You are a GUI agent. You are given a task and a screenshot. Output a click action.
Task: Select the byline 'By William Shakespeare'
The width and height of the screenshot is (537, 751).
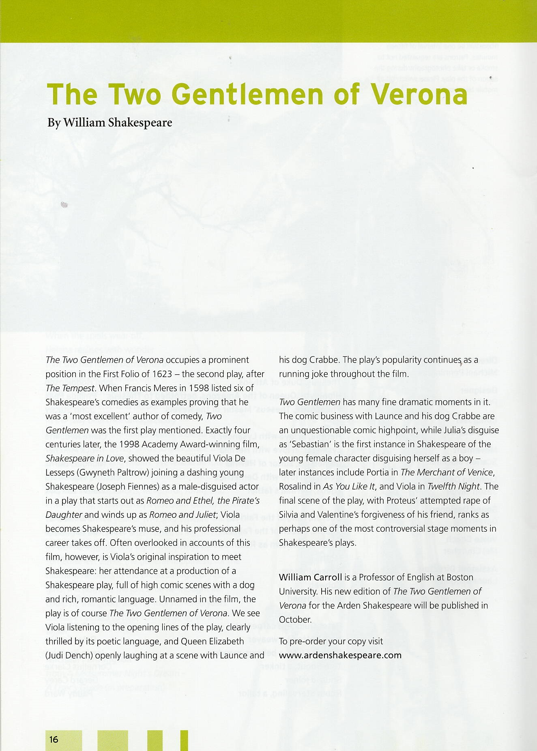(x=110, y=122)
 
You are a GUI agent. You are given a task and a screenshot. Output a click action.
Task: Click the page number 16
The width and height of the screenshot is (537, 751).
(x=54, y=739)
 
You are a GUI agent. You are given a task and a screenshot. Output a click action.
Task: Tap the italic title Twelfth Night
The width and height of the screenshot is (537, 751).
(x=454, y=487)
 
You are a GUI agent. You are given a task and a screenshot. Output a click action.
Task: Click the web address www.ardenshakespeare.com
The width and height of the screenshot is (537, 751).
(x=340, y=655)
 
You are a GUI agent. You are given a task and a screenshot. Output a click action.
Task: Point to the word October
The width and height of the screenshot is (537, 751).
(x=294, y=620)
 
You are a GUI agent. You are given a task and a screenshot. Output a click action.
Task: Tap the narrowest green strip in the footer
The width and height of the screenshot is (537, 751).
(x=184, y=740)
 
